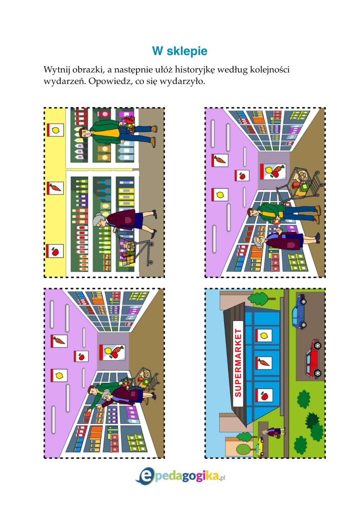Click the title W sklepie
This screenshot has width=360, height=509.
[180, 51]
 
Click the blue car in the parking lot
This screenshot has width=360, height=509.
[299, 311]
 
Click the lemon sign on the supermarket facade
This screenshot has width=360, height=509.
[264, 335]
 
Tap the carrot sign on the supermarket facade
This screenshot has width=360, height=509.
[264, 362]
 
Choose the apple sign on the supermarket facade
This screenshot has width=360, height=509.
[264, 395]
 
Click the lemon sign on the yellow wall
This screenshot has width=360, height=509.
[55, 130]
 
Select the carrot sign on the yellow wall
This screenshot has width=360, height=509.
[55, 188]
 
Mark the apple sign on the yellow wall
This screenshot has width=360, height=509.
[55, 251]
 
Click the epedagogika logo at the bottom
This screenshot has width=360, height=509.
[181, 477]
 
